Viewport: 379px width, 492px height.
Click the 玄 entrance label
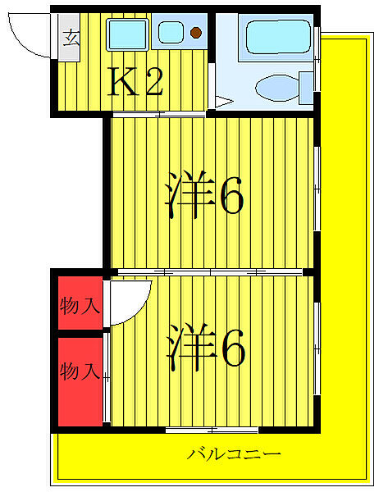point(71,38)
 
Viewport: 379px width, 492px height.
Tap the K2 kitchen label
point(138,81)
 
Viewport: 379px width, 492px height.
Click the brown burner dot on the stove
point(196,34)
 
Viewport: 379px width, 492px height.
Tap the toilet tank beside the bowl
point(306,85)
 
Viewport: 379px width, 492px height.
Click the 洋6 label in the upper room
point(205,195)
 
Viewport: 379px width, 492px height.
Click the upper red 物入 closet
point(80,306)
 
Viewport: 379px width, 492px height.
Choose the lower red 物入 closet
point(80,371)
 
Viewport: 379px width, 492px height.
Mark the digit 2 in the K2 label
point(153,81)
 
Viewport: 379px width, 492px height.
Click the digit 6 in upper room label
point(230,195)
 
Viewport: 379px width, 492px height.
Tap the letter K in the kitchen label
point(124,81)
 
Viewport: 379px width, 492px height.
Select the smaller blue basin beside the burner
point(172,34)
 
